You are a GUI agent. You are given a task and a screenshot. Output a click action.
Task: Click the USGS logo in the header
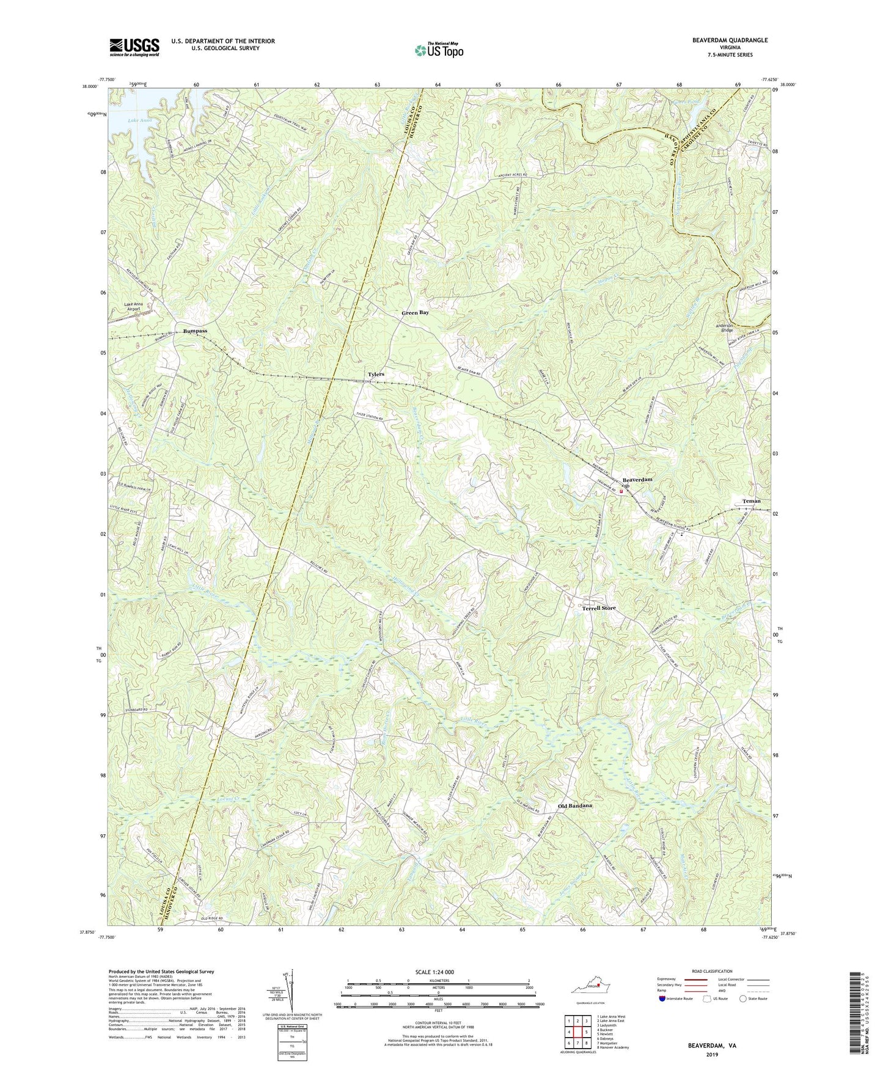(x=134, y=47)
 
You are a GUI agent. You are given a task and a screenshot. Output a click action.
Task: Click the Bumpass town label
(x=195, y=331)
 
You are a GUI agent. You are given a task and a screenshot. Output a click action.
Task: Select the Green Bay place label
(x=415, y=313)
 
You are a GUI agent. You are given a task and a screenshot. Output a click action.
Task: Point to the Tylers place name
(x=376, y=374)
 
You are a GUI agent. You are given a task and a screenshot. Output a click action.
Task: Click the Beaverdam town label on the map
(x=637, y=480)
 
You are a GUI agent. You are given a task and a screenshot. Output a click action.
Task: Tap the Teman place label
(x=751, y=501)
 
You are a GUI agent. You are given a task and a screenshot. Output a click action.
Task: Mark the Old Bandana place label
(x=575, y=806)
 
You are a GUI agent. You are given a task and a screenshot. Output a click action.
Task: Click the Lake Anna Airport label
(x=133, y=306)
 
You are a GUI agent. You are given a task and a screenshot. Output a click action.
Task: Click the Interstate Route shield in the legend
(x=662, y=999)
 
